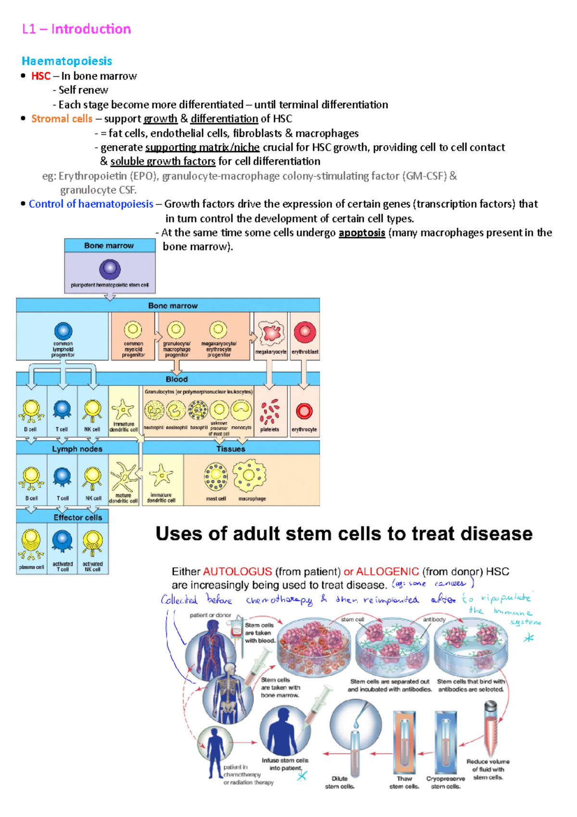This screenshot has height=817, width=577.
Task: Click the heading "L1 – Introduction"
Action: point(76,29)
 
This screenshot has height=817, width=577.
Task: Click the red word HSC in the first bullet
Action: point(41,76)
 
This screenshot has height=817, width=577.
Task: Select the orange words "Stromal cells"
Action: point(62,119)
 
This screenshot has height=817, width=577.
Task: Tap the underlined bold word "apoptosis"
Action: point(362,233)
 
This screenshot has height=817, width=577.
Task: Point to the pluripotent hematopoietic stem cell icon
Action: point(110,269)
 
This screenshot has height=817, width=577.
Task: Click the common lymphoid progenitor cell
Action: point(63,331)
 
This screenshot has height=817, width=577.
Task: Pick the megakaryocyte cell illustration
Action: point(271,332)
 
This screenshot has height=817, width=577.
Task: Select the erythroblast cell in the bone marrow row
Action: point(304,332)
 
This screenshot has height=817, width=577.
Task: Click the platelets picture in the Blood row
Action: point(270,411)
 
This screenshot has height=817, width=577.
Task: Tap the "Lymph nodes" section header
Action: point(77,449)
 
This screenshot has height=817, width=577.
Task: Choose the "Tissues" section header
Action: point(231,449)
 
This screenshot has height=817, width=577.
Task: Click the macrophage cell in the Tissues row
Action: point(249,476)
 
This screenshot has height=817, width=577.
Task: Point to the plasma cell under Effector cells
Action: point(31,544)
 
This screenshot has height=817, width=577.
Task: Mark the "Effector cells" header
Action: point(77,518)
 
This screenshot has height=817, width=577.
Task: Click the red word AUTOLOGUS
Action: point(237,572)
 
